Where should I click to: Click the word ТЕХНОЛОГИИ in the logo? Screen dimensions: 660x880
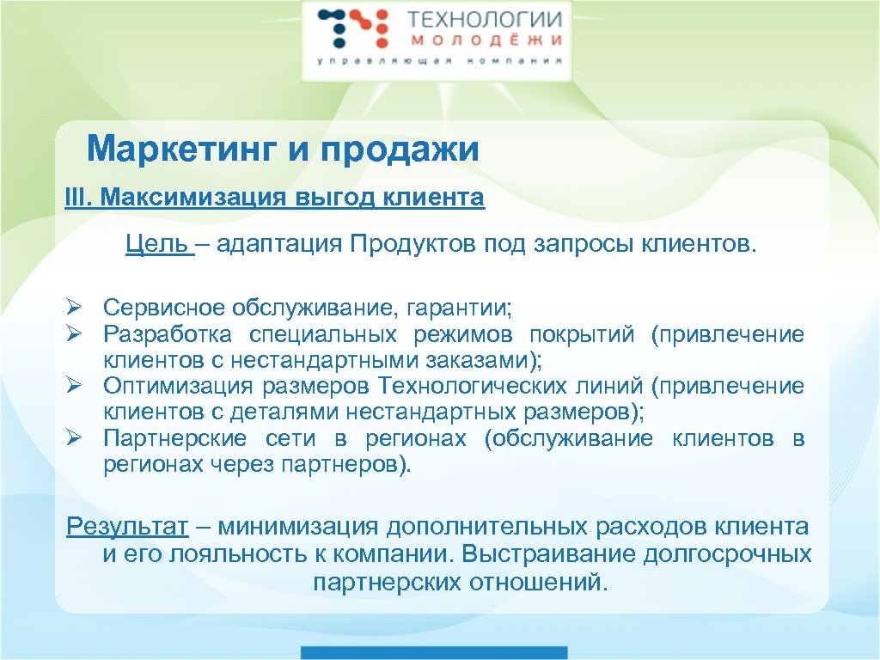pos(485,19)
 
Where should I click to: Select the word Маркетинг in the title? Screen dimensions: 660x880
pos(180,150)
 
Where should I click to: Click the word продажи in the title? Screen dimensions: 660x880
pos(400,150)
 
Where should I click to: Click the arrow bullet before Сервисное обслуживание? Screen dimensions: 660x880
pos(76,308)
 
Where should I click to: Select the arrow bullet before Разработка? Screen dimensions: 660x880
pos(76,334)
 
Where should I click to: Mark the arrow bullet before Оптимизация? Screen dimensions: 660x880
pos(76,387)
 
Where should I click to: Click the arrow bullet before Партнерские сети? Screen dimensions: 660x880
pos(76,439)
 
